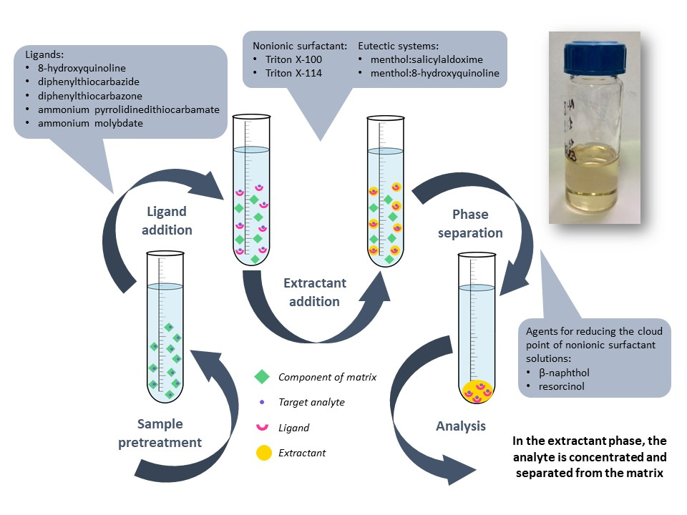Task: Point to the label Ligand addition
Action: coord(166,220)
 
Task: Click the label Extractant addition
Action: coord(314,292)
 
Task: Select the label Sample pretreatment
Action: coord(160,433)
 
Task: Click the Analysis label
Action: coord(461,426)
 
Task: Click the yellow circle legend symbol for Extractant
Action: coord(263,453)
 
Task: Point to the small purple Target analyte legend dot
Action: coord(263,402)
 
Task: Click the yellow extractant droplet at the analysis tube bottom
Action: coord(477,393)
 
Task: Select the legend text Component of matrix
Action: coord(327,377)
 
